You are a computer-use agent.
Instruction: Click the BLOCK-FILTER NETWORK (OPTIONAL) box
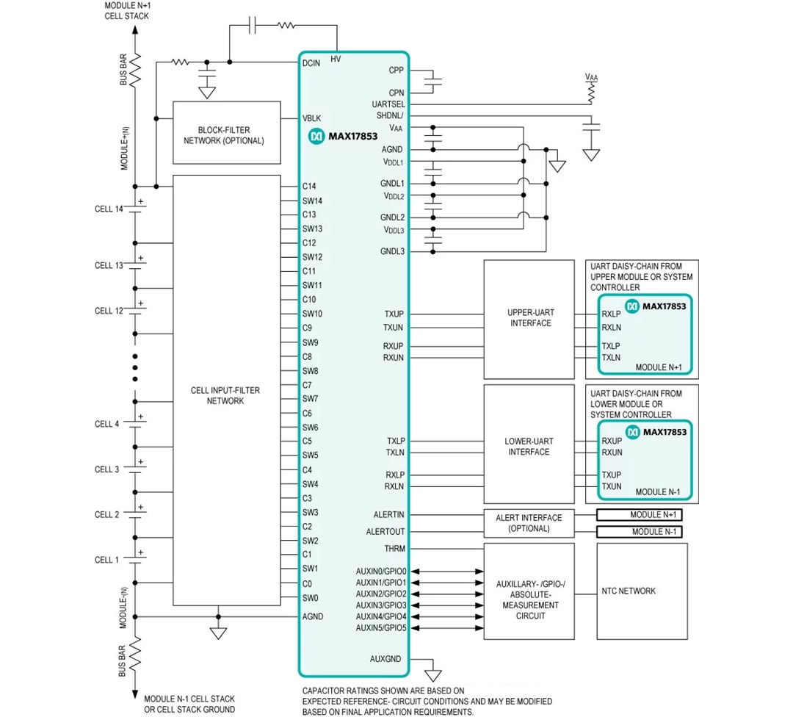tap(226, 133)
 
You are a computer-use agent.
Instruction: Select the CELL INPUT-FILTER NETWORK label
tap(225, 396)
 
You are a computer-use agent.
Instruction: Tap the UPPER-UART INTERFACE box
tap(529, 317)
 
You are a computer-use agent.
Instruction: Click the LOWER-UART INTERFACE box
tap(529, 446)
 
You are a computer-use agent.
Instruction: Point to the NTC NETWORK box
tap(642, 591)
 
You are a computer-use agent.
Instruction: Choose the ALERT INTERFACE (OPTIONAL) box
tap(529, 523)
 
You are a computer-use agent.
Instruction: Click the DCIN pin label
tap(311, 63)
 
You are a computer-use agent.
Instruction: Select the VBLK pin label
tap(311, 118)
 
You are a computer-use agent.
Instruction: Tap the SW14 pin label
tap(312, 201)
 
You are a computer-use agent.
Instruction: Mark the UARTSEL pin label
tap(388, 104)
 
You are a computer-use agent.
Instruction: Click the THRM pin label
tap(394, 549)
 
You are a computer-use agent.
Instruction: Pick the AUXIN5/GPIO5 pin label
tap(381, 628)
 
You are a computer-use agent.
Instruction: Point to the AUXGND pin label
tap(385, 659)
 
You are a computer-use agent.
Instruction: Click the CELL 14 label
tap(109, 209)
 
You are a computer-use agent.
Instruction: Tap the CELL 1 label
tap(106, 560)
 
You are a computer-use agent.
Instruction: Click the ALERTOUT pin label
tap(385, 532)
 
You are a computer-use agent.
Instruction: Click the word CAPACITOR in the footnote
tap(324, 691)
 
